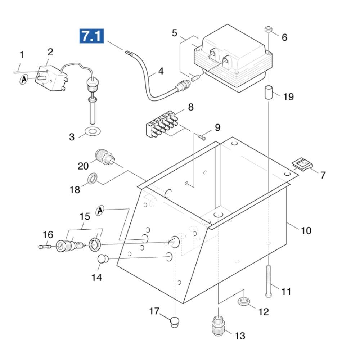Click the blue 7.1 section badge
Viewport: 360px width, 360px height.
[91, 36]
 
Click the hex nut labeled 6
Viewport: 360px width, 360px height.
[268, 30]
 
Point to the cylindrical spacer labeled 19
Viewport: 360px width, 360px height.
[269, 92]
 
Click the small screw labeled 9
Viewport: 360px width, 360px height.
[201, 137]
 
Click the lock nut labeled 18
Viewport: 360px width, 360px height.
[92, 179]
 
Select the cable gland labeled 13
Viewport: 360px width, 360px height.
[218, 326]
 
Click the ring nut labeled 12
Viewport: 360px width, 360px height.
[244, 301]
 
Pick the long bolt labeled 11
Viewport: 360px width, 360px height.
[269, 281]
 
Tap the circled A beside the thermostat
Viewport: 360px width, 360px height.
[24, 80]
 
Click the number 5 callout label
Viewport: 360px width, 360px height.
[175, 33]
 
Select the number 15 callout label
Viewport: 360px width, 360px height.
[85, 216]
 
